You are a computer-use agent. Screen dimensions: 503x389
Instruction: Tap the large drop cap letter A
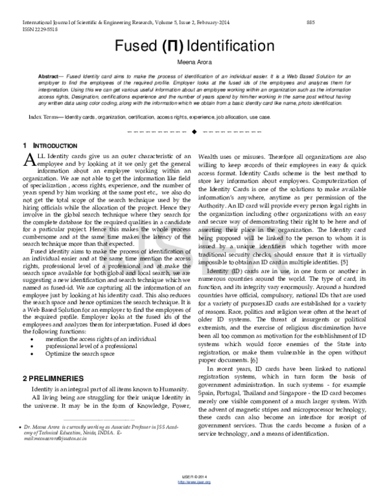pos(29,161)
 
